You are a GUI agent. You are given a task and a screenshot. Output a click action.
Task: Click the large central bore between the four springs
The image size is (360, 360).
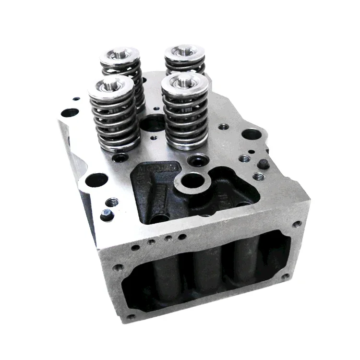[x=153, y=124]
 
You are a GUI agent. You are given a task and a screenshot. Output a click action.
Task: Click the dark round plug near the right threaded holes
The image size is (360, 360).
[x=262, y=164]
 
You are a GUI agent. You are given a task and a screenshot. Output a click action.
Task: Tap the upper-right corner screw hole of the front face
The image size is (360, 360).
[x=296, y=224]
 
